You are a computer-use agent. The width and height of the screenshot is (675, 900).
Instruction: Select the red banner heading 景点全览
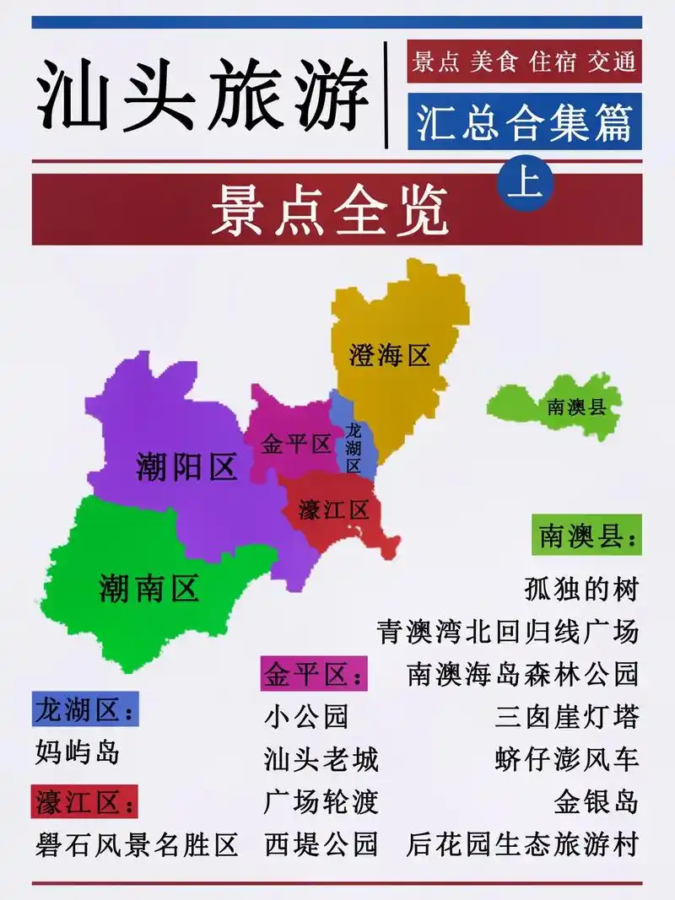tap(329, 209)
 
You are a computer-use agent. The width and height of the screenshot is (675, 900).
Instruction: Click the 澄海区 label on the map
tap(390, 355)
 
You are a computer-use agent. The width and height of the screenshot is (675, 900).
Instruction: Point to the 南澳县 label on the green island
tap(577, 407)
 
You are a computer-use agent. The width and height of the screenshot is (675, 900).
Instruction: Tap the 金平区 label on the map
tap(295, 445)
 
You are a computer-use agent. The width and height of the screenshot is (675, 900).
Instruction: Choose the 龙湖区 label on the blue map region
tap(353, 447)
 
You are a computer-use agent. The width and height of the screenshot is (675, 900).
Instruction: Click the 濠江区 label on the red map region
tap(334, 509)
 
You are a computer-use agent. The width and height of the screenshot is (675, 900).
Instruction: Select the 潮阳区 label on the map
tap(186, 466)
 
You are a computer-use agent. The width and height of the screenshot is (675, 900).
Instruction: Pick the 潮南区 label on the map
tap(148, 588)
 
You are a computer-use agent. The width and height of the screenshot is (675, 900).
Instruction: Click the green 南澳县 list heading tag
tap(586, 536)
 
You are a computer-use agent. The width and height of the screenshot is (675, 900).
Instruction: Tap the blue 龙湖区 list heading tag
tap(84, 710)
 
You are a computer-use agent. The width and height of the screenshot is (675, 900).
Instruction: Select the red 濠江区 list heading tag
tap(84, 801)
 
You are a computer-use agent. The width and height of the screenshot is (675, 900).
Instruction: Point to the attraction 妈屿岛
tap(78, 752)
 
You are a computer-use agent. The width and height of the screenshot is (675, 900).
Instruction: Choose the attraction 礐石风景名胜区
tap(137, 843)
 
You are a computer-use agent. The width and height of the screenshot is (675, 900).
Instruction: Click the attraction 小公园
tap(305, 717)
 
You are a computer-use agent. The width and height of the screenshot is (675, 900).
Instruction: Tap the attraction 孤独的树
tap(580, 589)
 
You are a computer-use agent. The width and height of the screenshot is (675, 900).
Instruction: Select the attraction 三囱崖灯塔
tap(566, 717)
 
